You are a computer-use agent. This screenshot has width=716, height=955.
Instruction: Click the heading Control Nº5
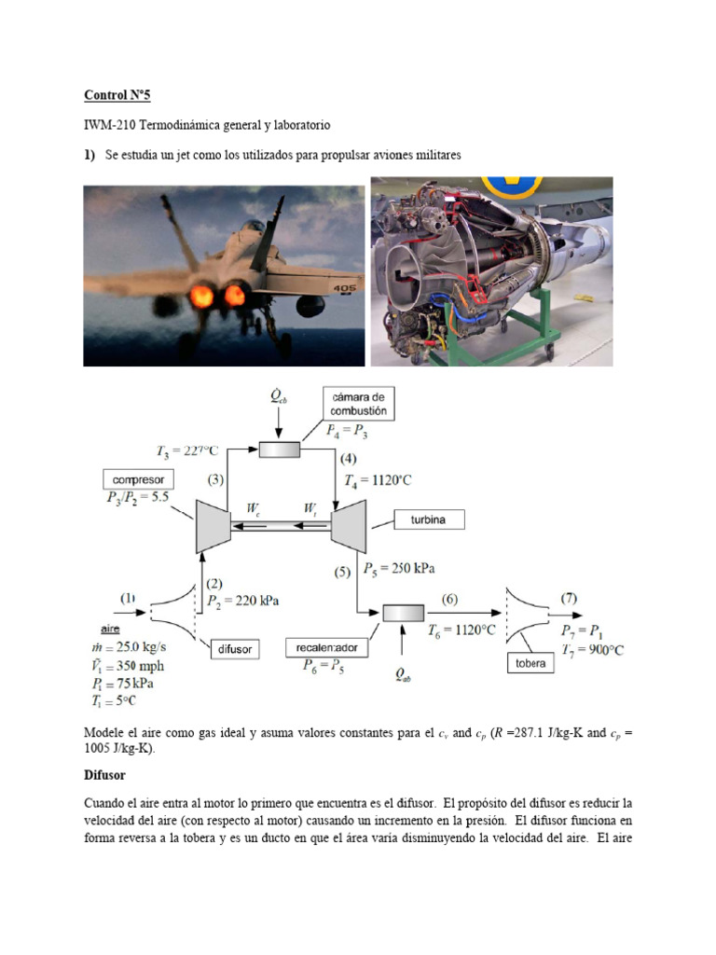[117, 94]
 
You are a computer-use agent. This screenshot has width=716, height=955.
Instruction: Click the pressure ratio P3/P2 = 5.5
[137, 497]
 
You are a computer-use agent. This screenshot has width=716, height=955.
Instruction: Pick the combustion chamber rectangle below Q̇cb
[279, 450]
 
